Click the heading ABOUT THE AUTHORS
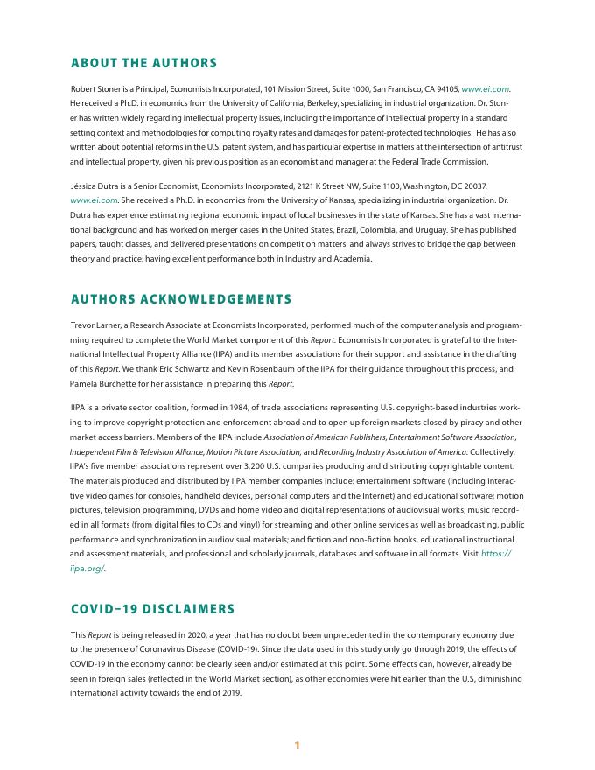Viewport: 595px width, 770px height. pyautogui.click(x=143, y=63)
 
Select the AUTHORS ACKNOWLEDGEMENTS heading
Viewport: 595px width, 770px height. pyautogui.click(x=181, y=299)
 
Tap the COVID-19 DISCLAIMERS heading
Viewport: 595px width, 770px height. pyautogui.click(x=153, y=608)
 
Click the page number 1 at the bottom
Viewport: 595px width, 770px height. pyautogui.click(x=297, y=745)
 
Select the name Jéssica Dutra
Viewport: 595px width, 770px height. pyautogui.click(x=95, y=186)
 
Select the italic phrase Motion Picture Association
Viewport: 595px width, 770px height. pyautogui.click(x=260, y=451)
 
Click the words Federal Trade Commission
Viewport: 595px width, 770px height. pyautogui.click(x=450, y=162)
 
